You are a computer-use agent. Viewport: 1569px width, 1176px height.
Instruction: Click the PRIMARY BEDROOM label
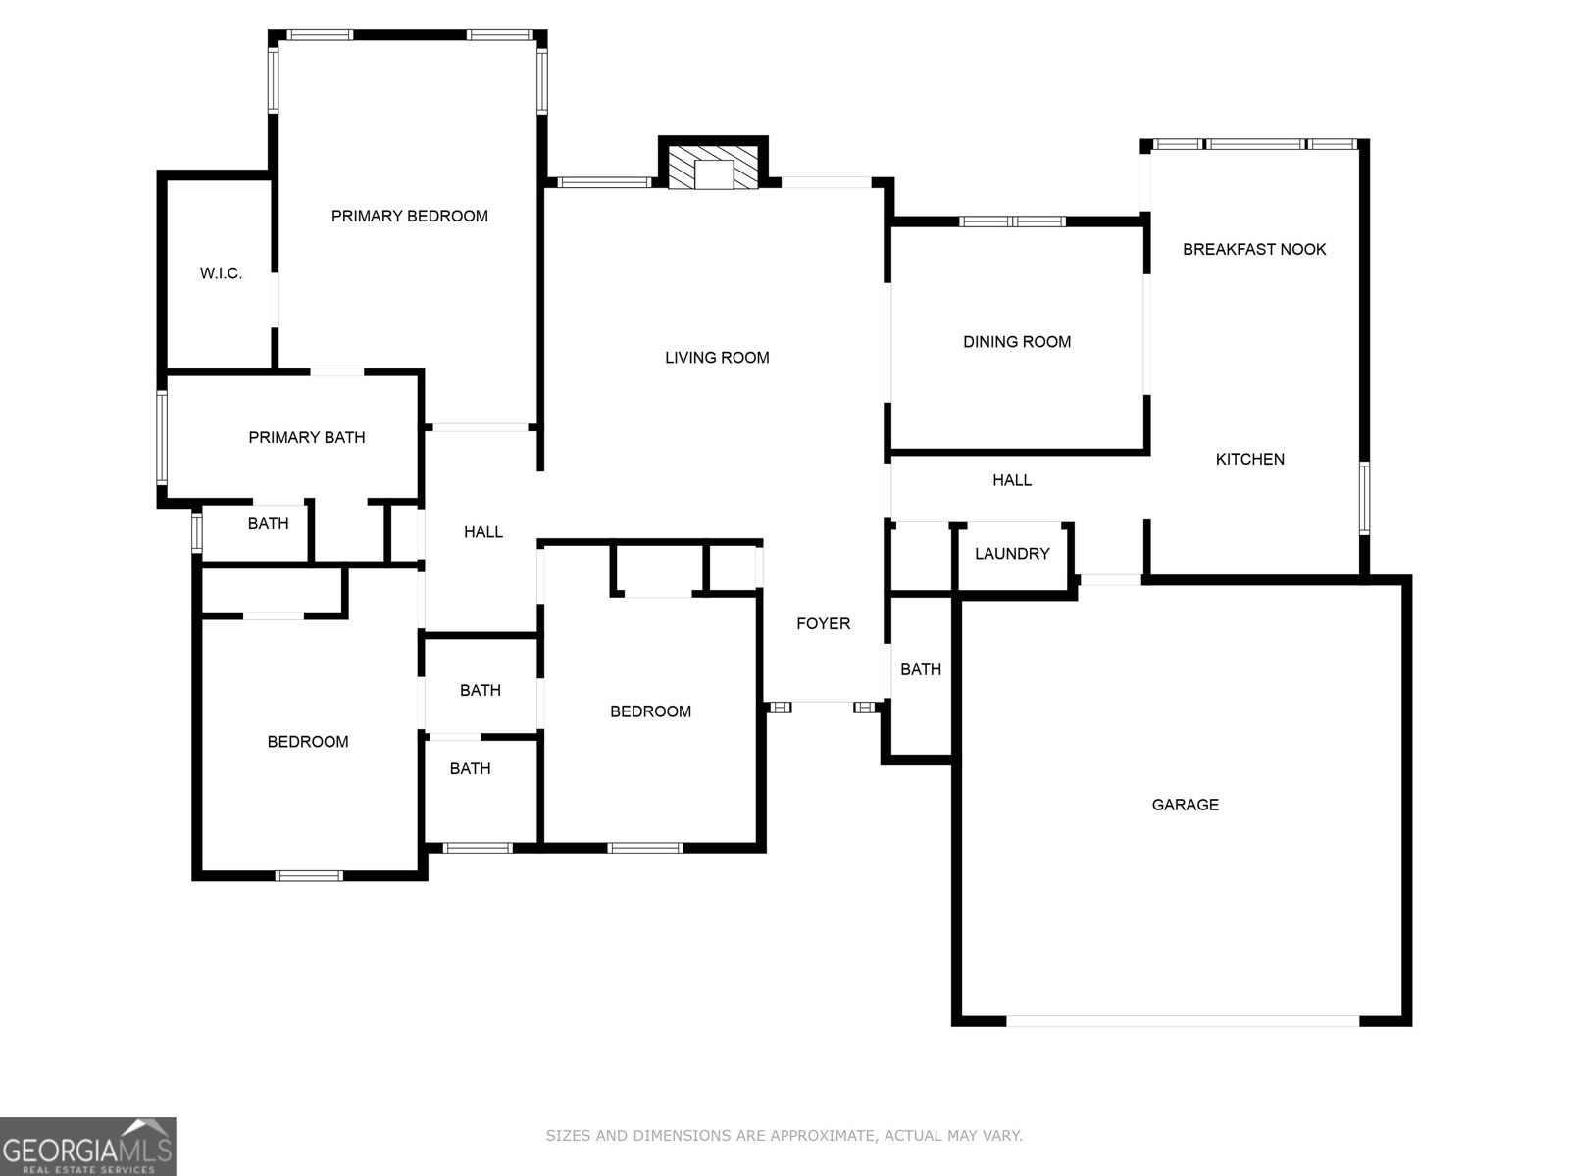pos(410,217)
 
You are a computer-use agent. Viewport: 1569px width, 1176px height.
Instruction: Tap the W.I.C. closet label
pos(221,273)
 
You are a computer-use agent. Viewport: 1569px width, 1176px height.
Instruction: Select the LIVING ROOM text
pos(717,358)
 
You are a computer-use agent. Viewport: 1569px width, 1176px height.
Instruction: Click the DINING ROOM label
pos(1017,342)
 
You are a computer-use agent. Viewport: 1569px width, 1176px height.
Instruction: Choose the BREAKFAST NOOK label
pos(1254,249)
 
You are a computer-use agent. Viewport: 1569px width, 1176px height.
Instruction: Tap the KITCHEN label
pos(1250,459)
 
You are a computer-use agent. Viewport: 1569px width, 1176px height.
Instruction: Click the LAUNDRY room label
pos(1012,554)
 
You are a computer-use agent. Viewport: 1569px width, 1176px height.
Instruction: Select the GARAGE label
pos(1186,805)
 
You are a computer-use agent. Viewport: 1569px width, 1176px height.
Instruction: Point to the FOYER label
pos(824,623)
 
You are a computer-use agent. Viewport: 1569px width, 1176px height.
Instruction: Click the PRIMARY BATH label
pos(307,438)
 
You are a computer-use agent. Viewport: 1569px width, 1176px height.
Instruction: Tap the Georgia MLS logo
pos(88,1146)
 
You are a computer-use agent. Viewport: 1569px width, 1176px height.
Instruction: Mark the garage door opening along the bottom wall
pos(1183,1021)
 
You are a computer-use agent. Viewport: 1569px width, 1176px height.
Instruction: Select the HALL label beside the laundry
pos(1012,480)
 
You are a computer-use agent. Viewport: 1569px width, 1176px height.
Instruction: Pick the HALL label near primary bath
pos(483,532)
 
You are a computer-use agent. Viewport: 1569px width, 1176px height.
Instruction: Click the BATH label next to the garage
pos(921,669)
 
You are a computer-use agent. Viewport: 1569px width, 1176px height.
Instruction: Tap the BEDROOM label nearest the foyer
pos(650,711)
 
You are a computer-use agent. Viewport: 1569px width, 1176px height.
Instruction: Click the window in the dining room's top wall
pos(1012,221)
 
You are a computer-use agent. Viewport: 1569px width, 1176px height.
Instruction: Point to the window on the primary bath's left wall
pos(162,438)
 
